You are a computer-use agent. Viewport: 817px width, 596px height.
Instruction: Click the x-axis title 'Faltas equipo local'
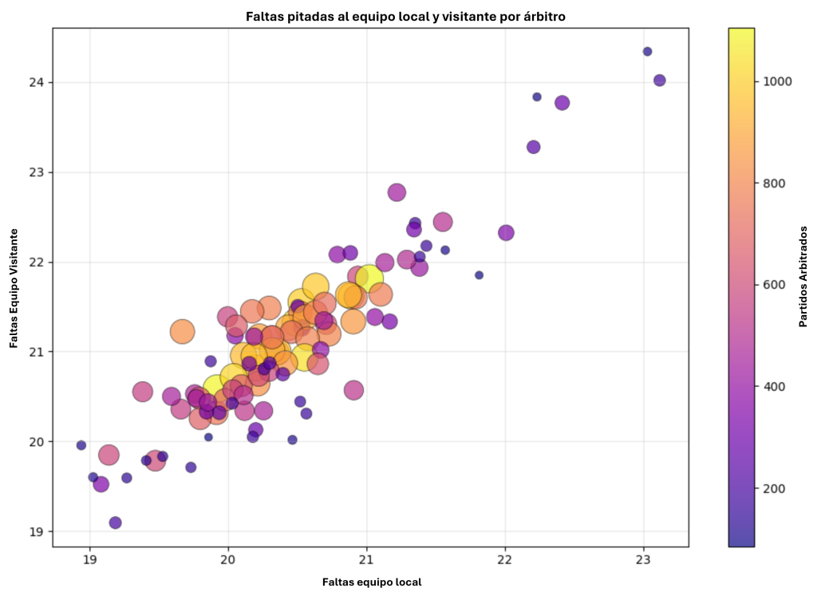(372, 582)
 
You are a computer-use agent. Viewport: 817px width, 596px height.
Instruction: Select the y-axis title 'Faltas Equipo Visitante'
(14, 288)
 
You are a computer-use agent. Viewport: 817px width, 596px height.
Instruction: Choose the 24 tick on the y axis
(37, 83)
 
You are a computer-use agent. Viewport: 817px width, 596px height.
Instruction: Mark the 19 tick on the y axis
(37, 531)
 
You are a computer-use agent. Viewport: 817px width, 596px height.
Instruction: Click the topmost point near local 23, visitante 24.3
(647, 52)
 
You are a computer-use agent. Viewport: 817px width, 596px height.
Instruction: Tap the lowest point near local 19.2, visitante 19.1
(115, 523)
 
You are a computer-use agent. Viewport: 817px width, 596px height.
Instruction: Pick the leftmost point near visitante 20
(81, 445)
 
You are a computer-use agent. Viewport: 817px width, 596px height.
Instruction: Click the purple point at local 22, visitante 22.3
(506, 233)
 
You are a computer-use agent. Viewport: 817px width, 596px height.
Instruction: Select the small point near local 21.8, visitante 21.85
(479, 275)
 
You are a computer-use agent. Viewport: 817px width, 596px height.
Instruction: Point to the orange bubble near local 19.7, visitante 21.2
(183, 332)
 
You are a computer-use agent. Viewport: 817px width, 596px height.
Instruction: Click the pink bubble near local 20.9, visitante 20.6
(353, 390)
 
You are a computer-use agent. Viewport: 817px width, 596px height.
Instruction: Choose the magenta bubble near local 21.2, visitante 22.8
(397, 192)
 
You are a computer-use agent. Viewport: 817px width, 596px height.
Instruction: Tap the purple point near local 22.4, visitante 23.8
(562, 103)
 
